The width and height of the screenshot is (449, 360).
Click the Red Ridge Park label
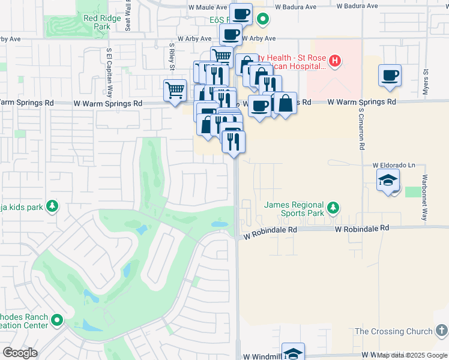click(97, 23)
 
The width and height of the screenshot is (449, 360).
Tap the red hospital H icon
click(335, 60)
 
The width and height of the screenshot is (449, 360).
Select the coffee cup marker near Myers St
click(390, 76)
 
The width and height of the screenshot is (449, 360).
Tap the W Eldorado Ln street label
click(394, 165)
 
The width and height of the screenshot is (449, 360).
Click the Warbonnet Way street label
click(424, 198)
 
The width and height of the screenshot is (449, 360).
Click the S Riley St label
click(172, 58)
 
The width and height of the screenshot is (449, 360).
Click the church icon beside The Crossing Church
click(441, 331)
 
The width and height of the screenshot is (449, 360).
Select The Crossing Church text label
click(394, 331)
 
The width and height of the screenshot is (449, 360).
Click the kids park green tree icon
click(53, 207)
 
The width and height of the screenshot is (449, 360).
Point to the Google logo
click(20, 352)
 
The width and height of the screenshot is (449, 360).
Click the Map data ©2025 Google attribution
click(412, 355)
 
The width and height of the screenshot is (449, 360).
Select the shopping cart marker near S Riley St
click(175, 90)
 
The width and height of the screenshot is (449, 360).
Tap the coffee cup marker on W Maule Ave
click(241, 14)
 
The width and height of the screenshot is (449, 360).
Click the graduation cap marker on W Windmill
click(293, 353)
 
